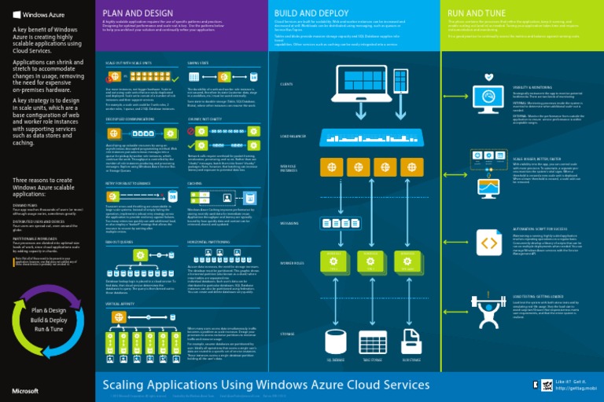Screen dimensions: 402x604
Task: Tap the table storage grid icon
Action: click(x=374, y=342)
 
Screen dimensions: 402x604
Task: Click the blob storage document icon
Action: click(x=411, y=342)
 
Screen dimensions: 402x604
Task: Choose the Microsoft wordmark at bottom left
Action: click(x=25, y=389)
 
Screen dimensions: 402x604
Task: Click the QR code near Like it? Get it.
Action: click(x=540, y=384)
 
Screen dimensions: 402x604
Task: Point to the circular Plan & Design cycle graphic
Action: click(x=47, y=320)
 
